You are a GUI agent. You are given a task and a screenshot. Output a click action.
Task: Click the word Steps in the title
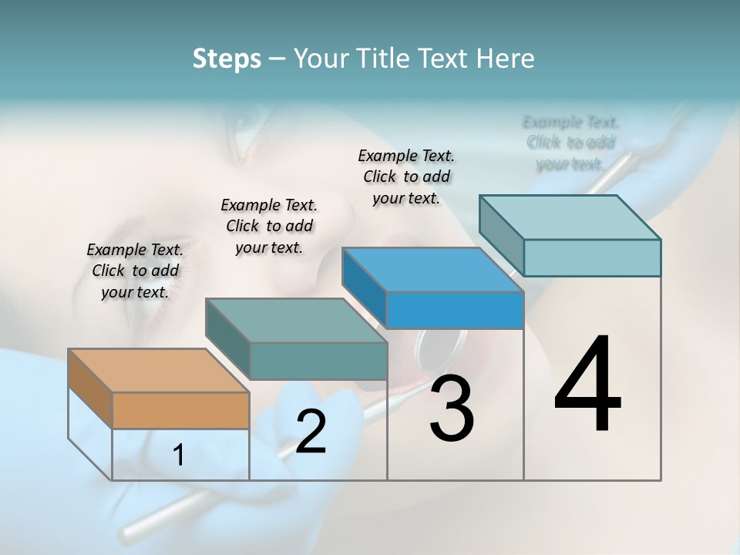coord(227,59)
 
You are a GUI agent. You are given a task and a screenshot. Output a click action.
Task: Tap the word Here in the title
coord(506,59)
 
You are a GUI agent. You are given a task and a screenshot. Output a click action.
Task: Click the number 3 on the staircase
coord(451,409)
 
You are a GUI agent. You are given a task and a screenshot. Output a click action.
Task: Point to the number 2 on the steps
coord(311,432)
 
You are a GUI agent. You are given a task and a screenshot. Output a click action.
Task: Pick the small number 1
coord(179,456)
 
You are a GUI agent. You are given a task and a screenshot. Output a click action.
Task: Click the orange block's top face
coord(158,371)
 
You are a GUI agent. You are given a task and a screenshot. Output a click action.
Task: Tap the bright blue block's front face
coord(455,311)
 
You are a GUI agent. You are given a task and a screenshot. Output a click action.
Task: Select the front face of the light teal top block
coord(592,257)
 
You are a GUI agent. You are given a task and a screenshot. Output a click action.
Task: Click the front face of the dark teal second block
coord(318,361)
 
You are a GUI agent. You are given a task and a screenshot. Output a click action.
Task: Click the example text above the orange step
coord(135,271)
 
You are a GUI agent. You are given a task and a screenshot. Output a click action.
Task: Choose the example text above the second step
coord(269,226)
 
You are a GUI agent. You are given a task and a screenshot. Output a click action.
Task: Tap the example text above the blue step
coord(406,177)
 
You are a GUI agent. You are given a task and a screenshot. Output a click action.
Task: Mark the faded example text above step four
coord(570,143)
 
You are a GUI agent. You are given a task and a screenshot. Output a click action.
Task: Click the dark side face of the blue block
coord(365,291)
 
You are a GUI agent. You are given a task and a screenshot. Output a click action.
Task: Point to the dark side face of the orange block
coord(90,388)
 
